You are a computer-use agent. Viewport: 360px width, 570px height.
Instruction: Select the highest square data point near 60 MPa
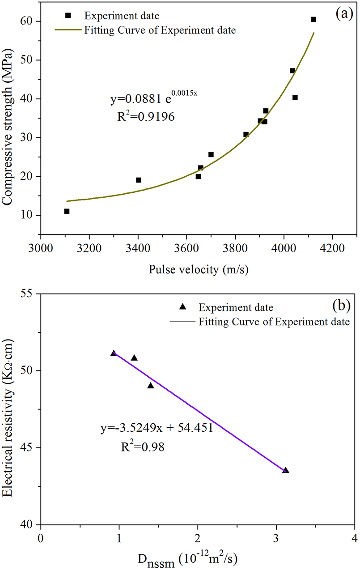point(313,19)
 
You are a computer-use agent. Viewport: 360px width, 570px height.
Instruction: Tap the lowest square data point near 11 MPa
point(67,211)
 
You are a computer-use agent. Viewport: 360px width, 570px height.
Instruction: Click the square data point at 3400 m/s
point(139,180)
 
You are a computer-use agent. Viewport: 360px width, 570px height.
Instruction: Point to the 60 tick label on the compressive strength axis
point(29,21)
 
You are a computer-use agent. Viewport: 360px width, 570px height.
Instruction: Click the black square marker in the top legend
point(68,15)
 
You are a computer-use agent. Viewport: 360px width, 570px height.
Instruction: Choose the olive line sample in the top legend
point(68,30)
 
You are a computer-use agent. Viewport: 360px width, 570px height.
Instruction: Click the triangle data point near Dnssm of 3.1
point(285,470)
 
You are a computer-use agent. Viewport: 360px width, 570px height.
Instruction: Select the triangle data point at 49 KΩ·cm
point(151,385)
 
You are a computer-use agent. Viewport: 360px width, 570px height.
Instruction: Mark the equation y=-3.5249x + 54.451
point(156,428)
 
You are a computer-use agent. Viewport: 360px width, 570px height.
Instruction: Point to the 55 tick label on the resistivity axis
point(29,294)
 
